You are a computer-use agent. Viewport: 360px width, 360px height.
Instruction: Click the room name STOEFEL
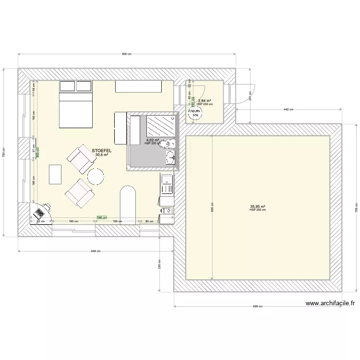pos(101,150)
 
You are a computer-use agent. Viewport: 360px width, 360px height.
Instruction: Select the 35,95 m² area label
pos(257,207)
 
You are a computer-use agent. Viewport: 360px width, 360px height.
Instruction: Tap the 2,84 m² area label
pos(205,101)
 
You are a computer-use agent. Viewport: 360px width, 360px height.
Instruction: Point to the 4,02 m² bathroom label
pos(152,140)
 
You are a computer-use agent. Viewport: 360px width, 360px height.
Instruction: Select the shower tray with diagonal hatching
pos(161,126)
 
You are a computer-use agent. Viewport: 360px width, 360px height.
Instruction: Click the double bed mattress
pos(76,110)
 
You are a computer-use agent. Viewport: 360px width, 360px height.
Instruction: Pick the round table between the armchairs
pos(96,177)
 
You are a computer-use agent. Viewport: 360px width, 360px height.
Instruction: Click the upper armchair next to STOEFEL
pos(80,159)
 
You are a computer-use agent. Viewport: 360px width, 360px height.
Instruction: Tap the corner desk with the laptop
pos(41,212)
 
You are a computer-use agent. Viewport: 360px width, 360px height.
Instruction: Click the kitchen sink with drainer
pos(167,185)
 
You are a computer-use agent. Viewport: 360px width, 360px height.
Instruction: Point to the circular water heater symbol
pos(195,113)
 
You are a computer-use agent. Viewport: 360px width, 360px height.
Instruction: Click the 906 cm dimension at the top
pos(127,54)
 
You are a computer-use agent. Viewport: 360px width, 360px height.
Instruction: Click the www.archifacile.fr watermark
pos(330,303)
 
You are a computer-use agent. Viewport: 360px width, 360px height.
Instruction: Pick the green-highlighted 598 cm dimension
pos(101,217)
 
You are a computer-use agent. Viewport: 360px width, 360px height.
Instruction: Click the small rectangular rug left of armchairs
pos(55,174)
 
